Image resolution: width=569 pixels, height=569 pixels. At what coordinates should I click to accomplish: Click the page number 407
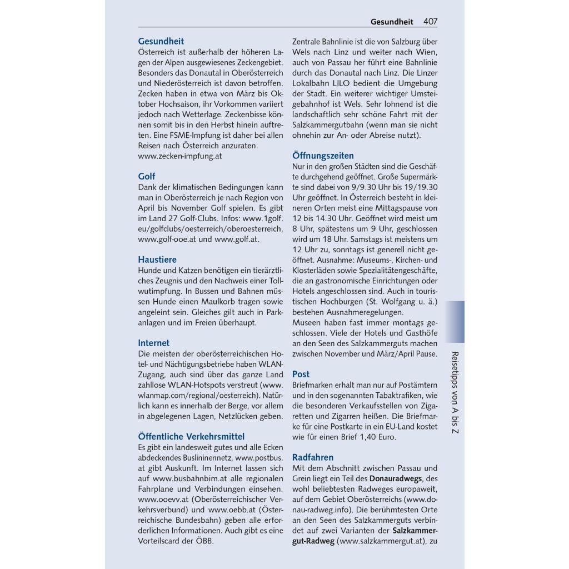pos(430,22)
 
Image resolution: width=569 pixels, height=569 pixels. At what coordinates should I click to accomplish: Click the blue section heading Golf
pos(147,177)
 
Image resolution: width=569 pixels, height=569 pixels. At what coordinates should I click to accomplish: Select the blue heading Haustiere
pos(157,259)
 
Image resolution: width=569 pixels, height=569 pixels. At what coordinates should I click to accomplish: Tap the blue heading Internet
pos(154,343)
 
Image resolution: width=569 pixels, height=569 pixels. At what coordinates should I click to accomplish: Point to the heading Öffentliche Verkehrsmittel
pos(191,436)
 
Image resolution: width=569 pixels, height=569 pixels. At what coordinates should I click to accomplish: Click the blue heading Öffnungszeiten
pos(323,156)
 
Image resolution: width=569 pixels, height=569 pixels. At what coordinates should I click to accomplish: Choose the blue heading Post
pos(301,374)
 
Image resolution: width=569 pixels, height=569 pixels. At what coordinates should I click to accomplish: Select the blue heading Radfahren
pos(313,457)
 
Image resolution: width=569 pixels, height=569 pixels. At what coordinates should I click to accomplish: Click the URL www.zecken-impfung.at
pos(180,156)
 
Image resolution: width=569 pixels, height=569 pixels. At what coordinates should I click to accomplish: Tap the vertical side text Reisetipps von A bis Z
pos(455,393)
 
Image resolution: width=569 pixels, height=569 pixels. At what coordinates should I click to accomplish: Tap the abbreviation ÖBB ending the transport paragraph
pos(203,541)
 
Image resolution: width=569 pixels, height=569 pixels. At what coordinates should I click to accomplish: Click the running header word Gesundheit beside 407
pos(392,22)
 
